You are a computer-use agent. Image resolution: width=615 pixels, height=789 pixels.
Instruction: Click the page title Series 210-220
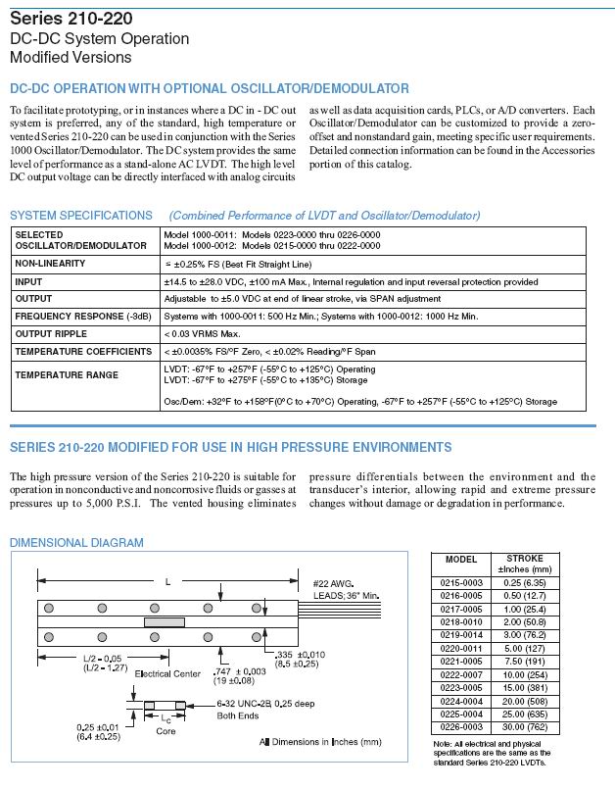[71, 19]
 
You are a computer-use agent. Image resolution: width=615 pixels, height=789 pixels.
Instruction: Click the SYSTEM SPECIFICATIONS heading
[80, 216]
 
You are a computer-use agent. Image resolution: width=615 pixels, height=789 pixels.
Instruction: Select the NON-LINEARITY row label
[50, 264]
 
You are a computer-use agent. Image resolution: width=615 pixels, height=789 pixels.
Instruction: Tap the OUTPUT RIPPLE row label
[52, 333]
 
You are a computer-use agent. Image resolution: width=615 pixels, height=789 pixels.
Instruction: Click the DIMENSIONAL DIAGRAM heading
[76, 543]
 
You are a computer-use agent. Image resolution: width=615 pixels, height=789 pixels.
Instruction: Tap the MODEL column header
[461, 560]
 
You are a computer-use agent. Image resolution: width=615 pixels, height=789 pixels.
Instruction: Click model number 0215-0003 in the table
[461, 580]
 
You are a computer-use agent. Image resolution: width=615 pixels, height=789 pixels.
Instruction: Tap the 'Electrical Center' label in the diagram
[166, 674]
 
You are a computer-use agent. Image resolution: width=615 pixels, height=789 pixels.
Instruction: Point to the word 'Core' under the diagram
[166, 732]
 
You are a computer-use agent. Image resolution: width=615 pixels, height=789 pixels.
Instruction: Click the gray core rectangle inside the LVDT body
[164, 621]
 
